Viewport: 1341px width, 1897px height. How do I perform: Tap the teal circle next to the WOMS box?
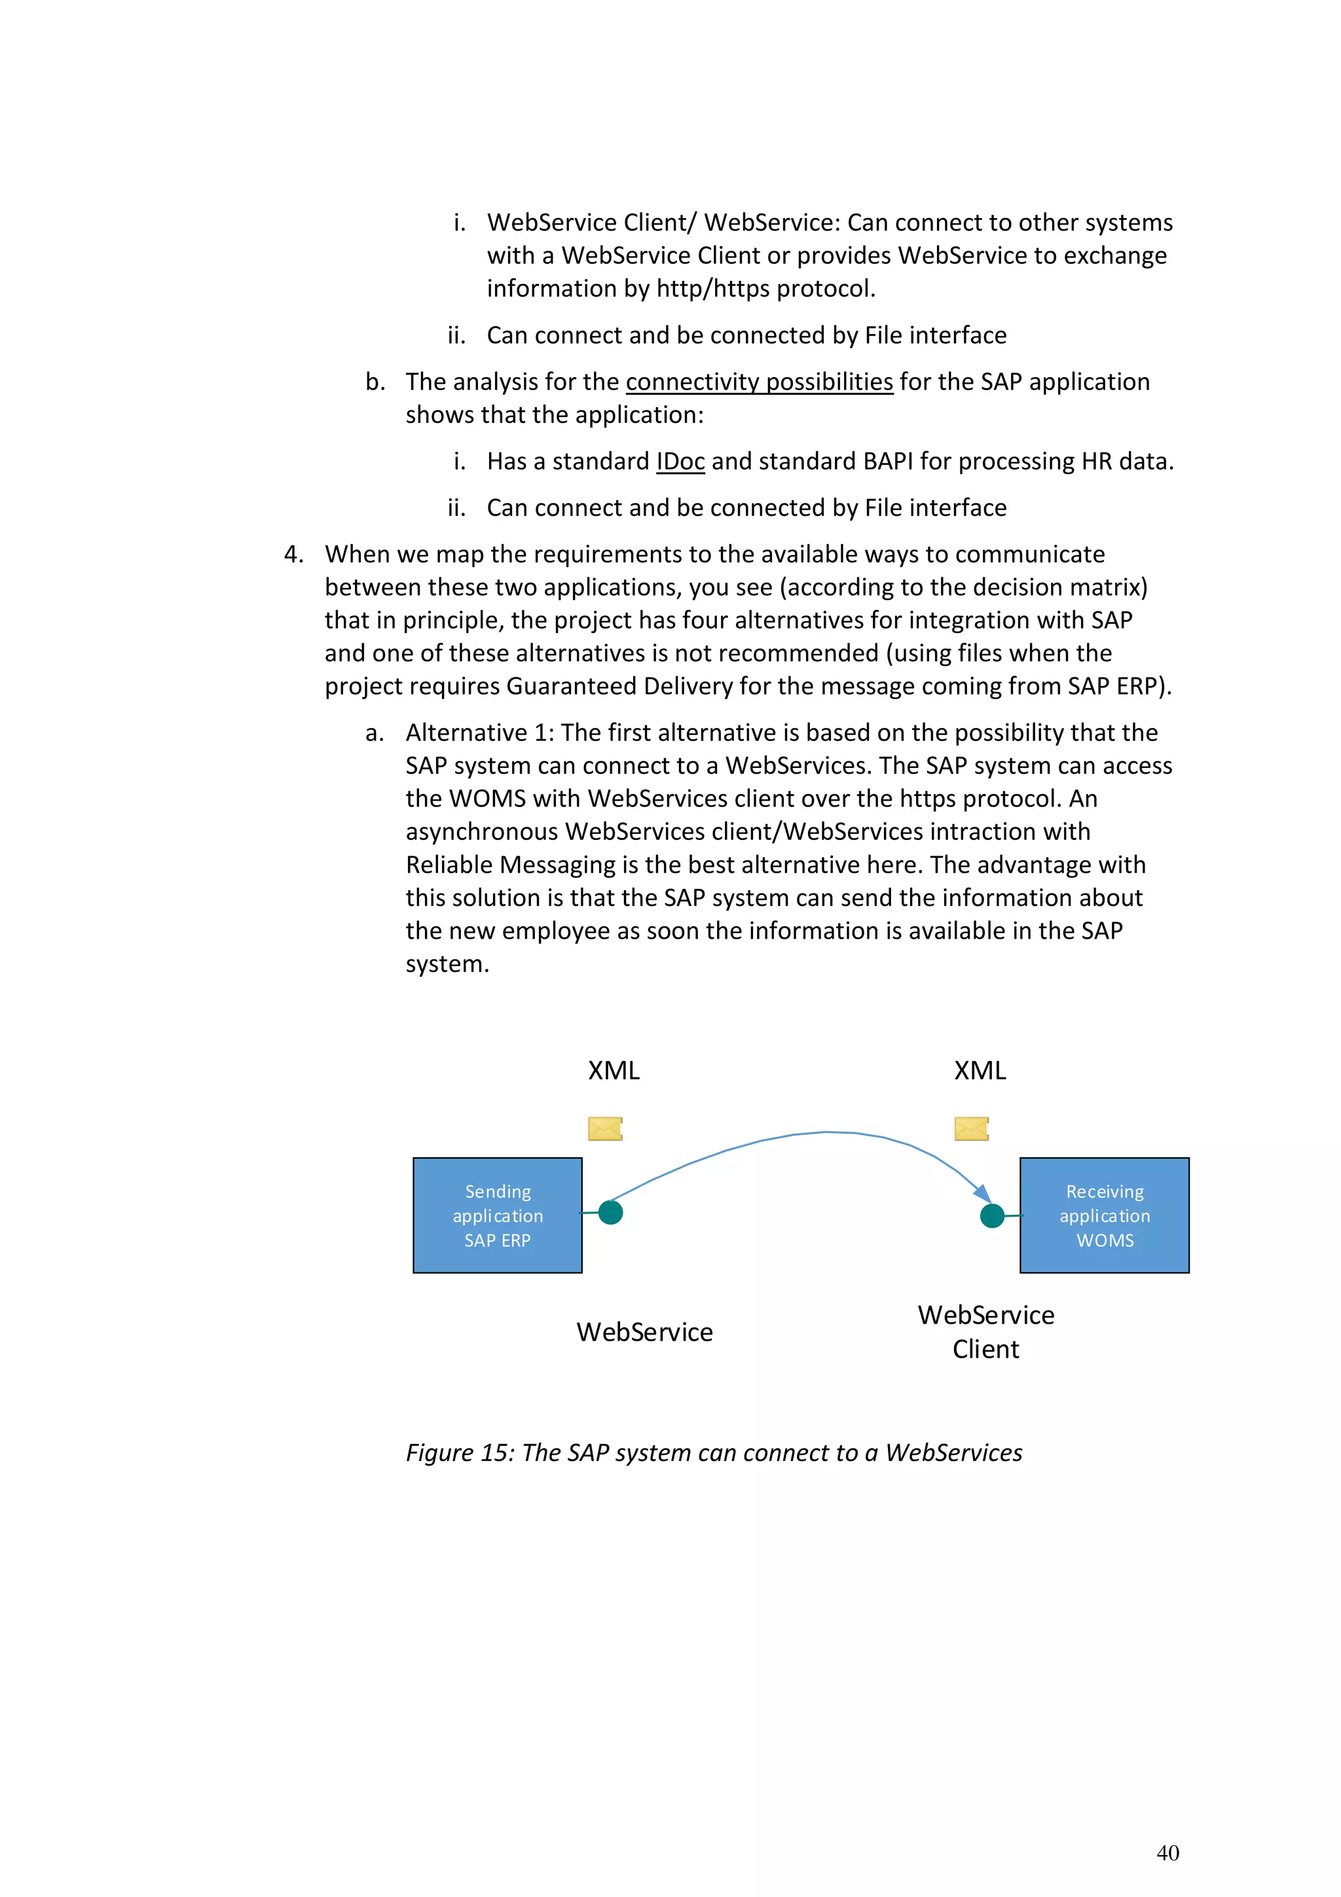tap(991, 1216)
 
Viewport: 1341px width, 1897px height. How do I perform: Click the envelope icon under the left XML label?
tap(605, 1128)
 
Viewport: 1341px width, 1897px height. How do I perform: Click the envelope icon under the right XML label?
tap(971, 1128)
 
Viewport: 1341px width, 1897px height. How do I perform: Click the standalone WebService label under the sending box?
tap(644, 1332)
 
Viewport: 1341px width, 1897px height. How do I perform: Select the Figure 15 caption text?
tap(714, 1453)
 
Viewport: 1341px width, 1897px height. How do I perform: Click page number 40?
tap(1167, 1852)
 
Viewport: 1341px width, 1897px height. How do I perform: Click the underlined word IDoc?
tap(680, 461)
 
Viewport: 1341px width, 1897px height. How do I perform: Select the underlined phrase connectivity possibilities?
tap(760, 382)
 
